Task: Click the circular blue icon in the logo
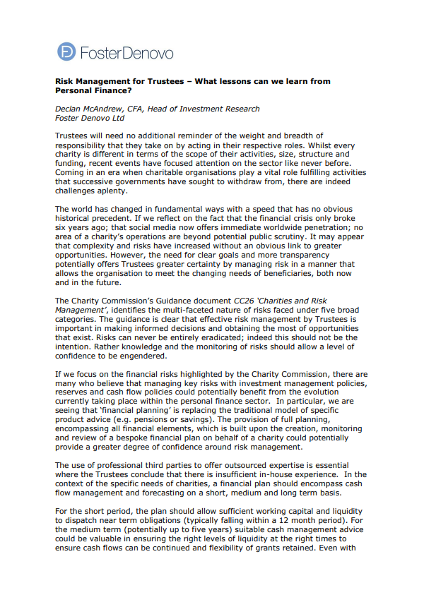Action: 67,52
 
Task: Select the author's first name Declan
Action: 70,109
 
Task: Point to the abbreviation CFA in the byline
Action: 137,109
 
